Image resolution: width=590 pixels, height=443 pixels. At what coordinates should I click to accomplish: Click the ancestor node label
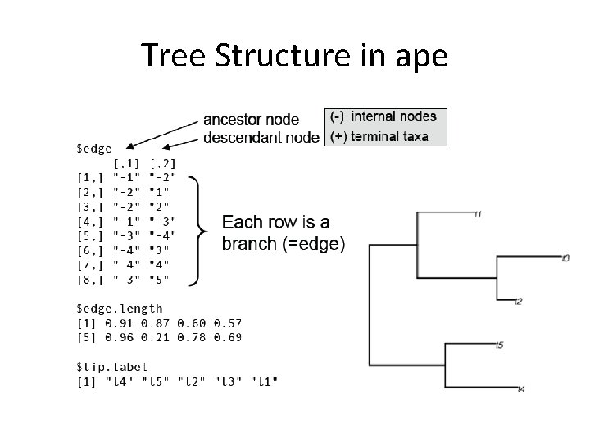click(x=251, y=120)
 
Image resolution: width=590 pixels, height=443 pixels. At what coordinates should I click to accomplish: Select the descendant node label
click(x=261, y=137)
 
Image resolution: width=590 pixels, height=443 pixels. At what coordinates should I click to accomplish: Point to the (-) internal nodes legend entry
click(x=383, y=116)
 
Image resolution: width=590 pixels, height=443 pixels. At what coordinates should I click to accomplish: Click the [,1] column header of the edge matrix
click(x=125, y=163)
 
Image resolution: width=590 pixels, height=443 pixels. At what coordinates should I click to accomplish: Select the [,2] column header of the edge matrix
click(x=162, y=163)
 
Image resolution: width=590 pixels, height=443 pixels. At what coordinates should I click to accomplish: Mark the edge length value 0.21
click(x=154, y=337)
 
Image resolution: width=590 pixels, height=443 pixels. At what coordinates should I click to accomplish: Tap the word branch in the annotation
click(x=249, y=244)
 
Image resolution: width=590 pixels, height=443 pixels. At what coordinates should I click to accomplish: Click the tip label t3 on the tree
click(x=566, y=258)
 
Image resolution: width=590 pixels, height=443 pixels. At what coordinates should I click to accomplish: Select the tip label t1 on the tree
click(x=478, y=214)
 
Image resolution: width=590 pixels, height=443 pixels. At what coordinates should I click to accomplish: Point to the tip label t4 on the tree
click(x=522, y=388)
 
